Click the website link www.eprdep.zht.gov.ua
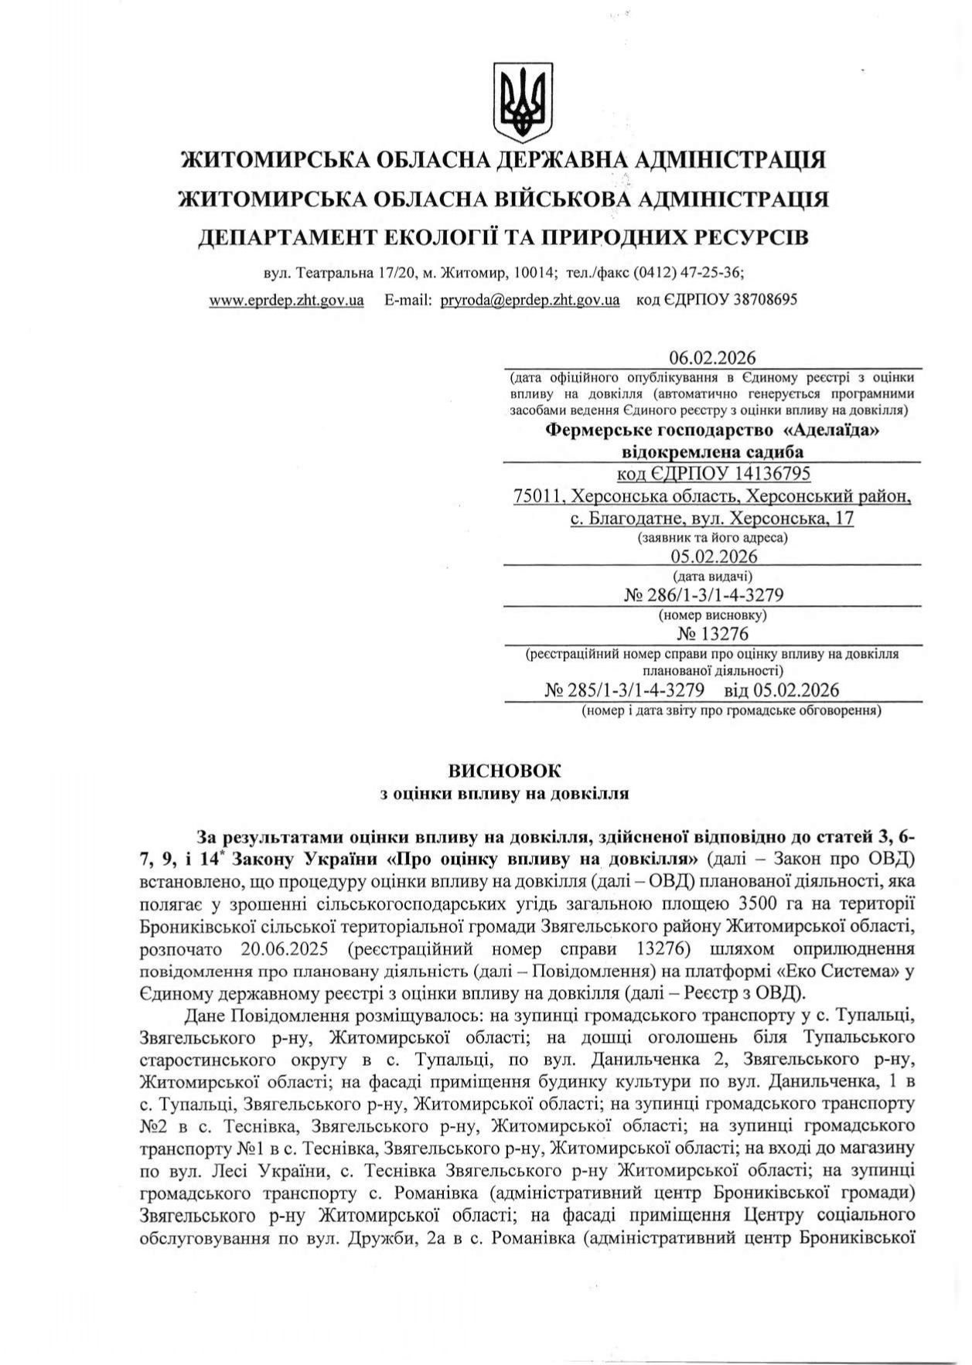click(286, 300)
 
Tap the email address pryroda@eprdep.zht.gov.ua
click(530, 300)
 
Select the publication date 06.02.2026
click(712, 358)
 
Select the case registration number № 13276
click(712, 635)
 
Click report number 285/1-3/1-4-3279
click(635, 689)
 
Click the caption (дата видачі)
click(712, 576)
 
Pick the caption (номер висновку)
click(712, 615)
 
